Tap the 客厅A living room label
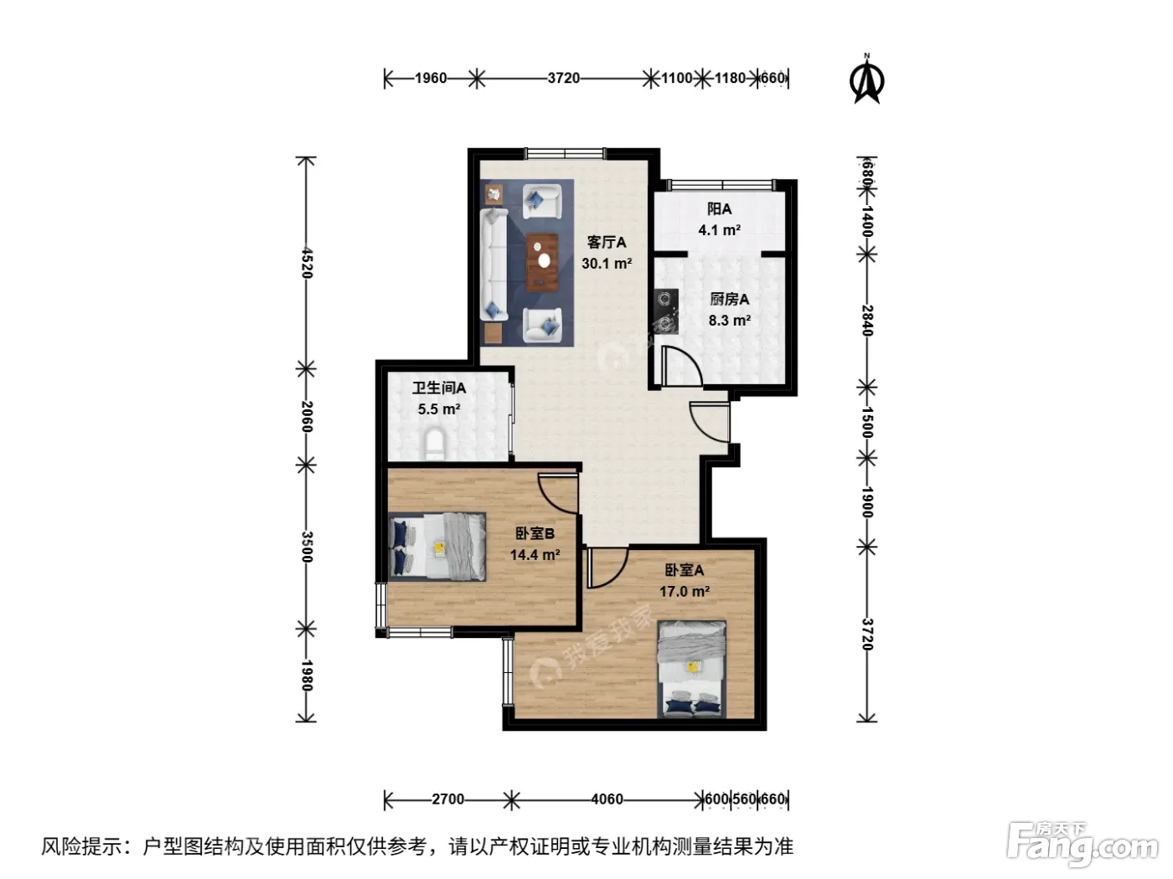(x=606, y=242)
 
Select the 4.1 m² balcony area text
(x=719, y=230)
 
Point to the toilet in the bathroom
(x=435, y=444)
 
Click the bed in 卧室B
(x=437, y=547)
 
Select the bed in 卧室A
(x=692, y=669)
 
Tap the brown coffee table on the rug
(x=542, y=262)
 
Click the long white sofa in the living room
(x=493, y=265)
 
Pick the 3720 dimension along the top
(x=563, y=79)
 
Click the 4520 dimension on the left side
(x=307, y=262)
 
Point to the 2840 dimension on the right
(x=867, y=321)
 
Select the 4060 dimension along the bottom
(x=607, y=799)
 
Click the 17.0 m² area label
(x=684, y=591)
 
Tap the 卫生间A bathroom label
(x=439, y=388)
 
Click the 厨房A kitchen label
(x=729, y=300)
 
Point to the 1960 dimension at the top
(x=431, y=79)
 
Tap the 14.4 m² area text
(x=535, y=554)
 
